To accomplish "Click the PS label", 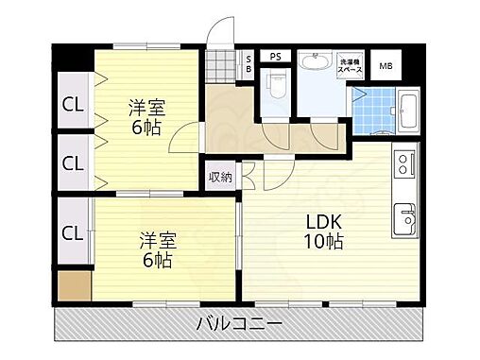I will [x=276, y=57].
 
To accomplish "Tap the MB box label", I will [x=386, y=65].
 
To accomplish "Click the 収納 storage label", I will [x=219, y=176].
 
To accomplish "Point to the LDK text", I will [x=323, y=223].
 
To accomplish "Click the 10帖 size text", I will [x=323, y=242].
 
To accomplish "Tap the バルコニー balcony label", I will [x=239, y=323].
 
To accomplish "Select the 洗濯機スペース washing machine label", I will [x=351, y=66].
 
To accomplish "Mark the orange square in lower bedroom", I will [x=73, y=284].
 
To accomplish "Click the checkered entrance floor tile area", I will [x=221, y=67].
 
